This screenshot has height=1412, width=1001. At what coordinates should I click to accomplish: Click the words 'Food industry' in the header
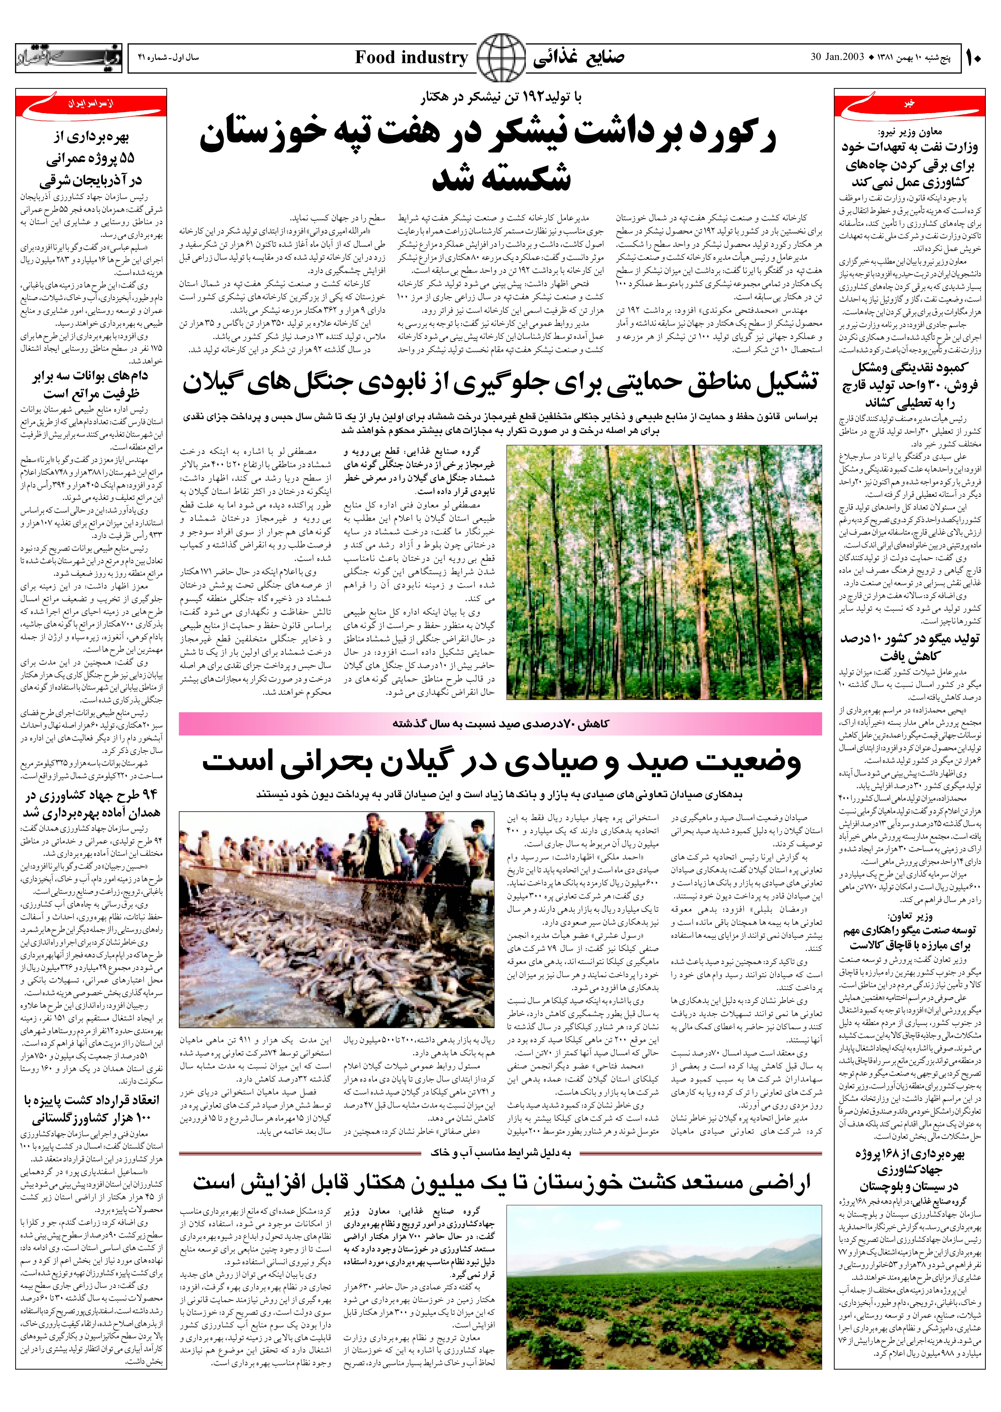pyautogui.click(x=411, y=58)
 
